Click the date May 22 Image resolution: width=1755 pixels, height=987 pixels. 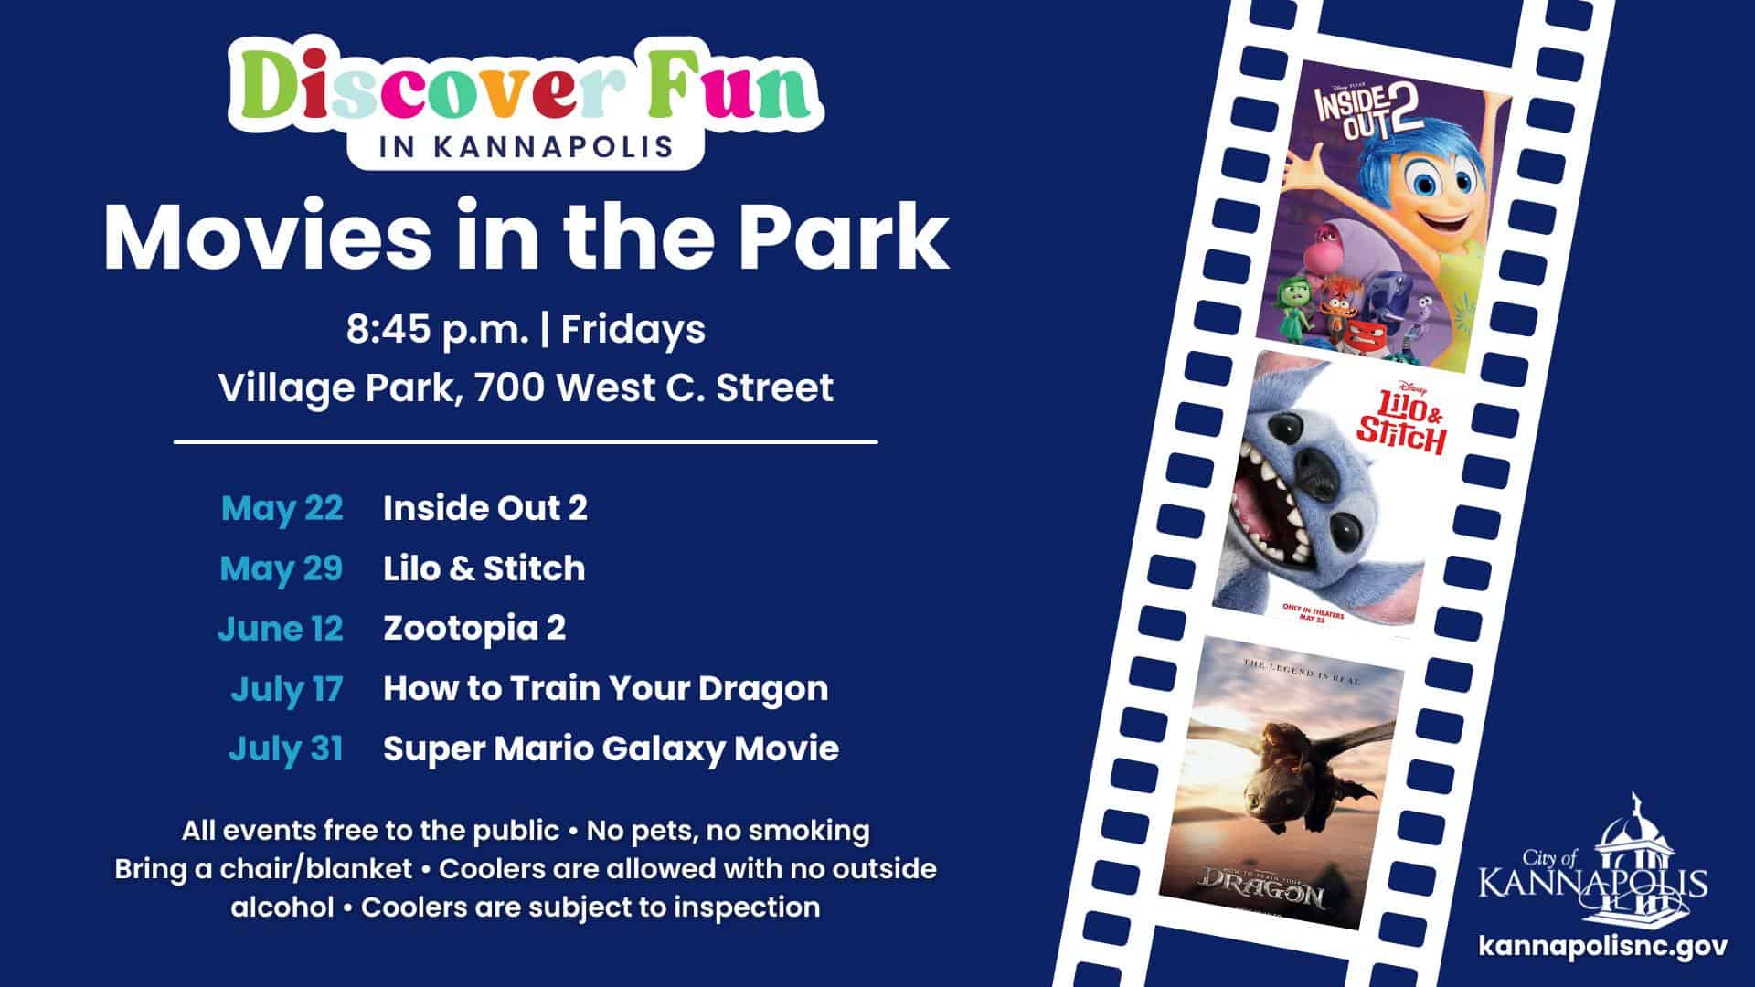tap(282, 508)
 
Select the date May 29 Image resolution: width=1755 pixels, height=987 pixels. tap(282, 568)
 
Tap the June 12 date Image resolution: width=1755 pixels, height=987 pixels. tap(280, 629)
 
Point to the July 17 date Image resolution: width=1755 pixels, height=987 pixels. tap(286, 689)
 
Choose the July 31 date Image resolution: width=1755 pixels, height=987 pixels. tap(286, 748)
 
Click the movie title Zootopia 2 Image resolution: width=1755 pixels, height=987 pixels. tap(474, 629)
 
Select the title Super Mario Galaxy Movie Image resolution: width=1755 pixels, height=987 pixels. tap(611, 748)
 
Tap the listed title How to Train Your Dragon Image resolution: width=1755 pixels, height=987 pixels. tap(605, 689)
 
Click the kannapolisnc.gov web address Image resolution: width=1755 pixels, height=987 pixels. tap(1602, 945)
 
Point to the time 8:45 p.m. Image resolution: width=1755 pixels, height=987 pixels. tap(437, 330)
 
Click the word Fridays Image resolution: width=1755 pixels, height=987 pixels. tap(633, 330)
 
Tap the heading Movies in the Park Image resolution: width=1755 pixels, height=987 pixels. tap(526, 238)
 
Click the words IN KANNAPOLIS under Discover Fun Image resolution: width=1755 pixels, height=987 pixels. tap(526, 147)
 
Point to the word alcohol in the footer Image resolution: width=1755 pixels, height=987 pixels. tap(282, 907)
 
